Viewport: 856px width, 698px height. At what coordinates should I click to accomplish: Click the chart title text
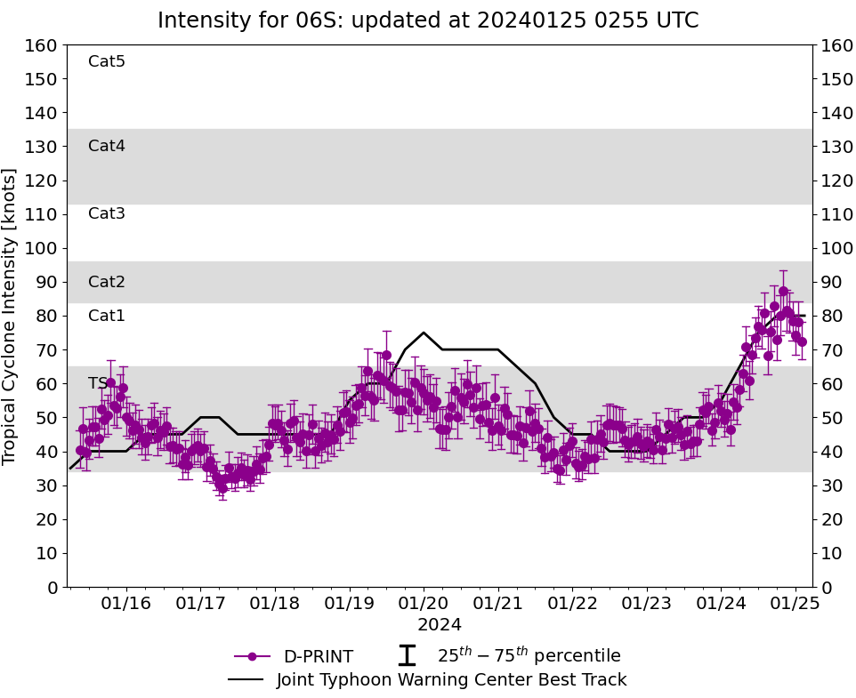(428, 20)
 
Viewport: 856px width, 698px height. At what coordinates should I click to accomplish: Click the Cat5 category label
(107, 61)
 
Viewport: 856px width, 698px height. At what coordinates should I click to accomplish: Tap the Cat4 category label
(107, 146)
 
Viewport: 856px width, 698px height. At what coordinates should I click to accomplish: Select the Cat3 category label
(107, 213)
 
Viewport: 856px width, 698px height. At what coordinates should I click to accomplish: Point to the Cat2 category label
(107, 282)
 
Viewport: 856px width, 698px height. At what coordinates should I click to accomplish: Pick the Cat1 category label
(107, 316)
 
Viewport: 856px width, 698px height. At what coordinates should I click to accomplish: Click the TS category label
(98, 383)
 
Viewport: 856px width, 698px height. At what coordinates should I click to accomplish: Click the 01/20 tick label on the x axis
(423, 604)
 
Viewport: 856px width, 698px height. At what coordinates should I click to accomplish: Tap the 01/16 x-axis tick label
(126, 604)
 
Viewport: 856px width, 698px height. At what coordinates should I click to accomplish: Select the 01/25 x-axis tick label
(793, 604)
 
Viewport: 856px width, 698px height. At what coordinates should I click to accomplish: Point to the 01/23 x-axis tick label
(645, 604)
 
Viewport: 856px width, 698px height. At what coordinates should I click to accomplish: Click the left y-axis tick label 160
(43, 45)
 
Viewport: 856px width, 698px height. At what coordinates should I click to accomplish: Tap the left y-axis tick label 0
(52, 587)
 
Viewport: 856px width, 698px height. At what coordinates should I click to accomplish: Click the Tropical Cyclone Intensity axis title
(11, 316)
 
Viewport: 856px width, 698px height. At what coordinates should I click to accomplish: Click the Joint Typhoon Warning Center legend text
(451, 680)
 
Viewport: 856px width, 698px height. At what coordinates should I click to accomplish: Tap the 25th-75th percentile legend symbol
(407, 656)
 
